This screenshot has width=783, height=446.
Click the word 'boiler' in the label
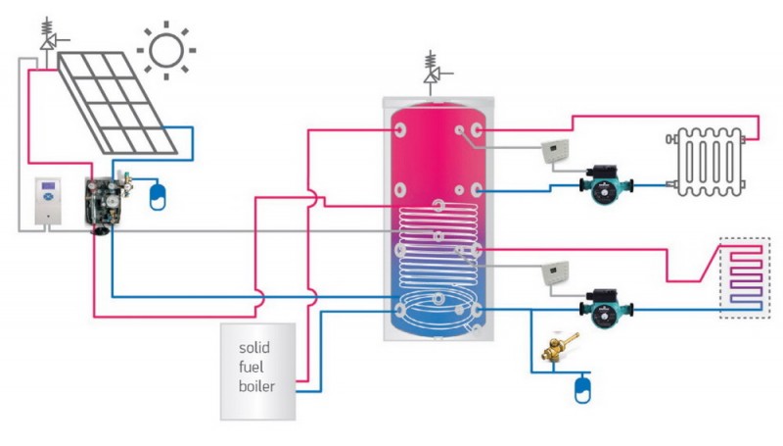click(256, 385)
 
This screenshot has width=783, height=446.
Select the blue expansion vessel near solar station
click(157, 195)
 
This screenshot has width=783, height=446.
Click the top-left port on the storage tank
click(399, 129)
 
